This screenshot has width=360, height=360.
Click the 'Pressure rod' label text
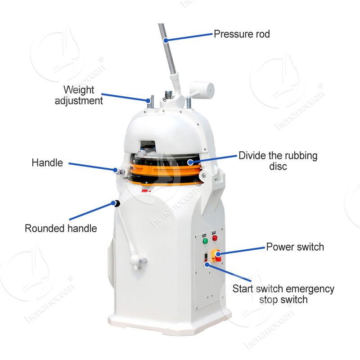(x=242, y=34)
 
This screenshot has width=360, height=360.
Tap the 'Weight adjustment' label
(x=79, y=95)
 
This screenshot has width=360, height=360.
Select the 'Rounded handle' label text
(x=61, y=229)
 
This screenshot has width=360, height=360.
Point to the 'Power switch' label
(x=295, y=247)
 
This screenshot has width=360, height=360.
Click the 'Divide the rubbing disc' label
(x=278, y=161)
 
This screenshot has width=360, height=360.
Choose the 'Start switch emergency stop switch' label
(x=283, y=294)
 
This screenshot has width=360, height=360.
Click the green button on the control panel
(x=205, y=241)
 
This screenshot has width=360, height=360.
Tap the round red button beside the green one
(x=215, y=238)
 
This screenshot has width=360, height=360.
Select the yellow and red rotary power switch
(x=216, y=256)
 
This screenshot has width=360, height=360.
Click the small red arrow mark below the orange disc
(x=146, y=191)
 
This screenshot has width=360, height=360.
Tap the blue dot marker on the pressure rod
(x=166, y=40)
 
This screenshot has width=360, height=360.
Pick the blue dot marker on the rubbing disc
(x=190, y=162)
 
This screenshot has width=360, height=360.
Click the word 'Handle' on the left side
(x=47, y=163)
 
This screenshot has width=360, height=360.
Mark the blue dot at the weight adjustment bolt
(x=148, y=100)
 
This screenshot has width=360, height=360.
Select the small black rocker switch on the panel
(x=206, y=256)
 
